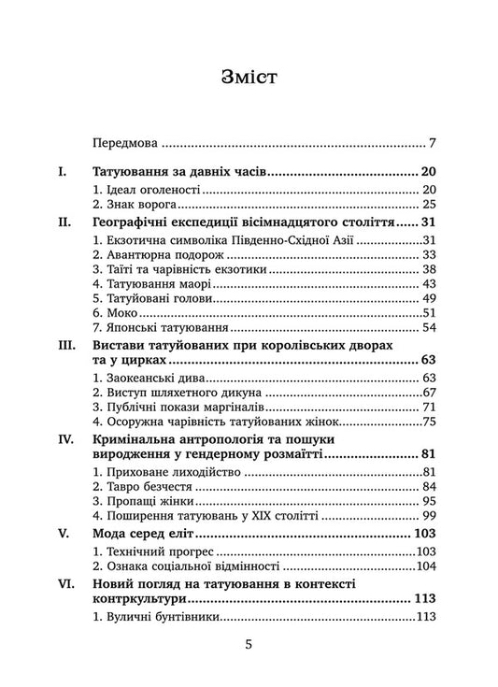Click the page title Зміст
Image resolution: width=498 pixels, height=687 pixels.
point(249,78)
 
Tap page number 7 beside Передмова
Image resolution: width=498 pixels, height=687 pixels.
point(434,145)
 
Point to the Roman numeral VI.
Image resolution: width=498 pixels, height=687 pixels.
point(68,584)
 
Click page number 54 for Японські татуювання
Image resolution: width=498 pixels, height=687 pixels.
point(430,328)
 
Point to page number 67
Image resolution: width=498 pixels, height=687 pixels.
point(430,394)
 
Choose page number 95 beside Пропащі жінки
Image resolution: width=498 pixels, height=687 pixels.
point(430,502)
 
